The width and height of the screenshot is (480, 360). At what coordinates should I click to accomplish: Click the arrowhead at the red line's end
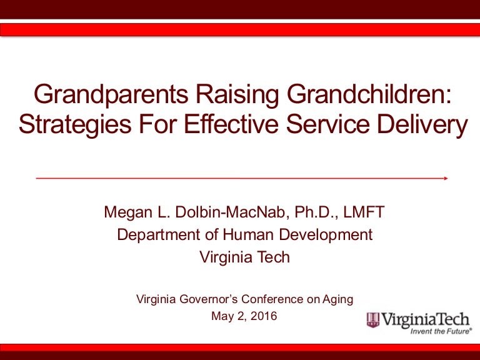click(x=446, y=178)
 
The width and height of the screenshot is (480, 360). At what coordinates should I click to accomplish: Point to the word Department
click(x=156, y=235)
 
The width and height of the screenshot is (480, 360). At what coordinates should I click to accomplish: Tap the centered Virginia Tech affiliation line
click(x=244, y=257)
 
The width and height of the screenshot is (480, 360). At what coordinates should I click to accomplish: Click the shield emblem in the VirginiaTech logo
click(x=373, y=321)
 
